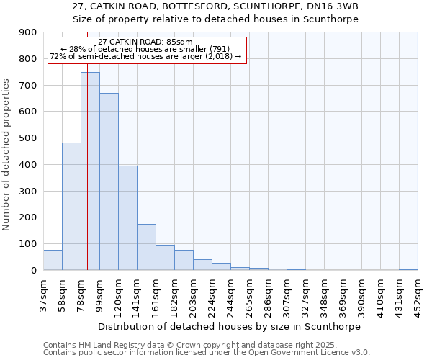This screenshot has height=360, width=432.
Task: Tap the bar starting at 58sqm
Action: (71, 207)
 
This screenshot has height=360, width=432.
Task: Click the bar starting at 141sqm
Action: (146, 247)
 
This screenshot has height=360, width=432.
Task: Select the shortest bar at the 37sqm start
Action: (53, 260)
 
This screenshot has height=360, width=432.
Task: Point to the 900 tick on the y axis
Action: (28, 32)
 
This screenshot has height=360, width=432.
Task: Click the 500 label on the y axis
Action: (28, 138)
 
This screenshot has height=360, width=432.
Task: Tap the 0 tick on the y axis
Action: (34, 271)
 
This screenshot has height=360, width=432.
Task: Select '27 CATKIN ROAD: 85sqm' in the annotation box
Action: (145, 42)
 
